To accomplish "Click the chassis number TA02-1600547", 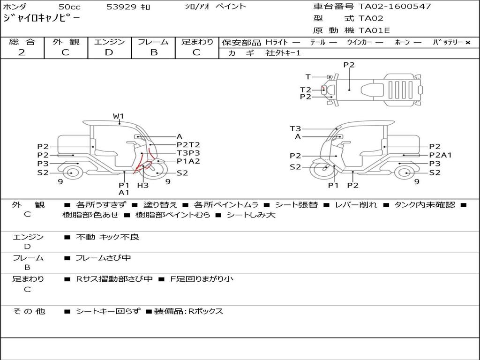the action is [395, 7].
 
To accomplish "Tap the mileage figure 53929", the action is [121, 7].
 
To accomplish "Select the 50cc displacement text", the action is [69, 7].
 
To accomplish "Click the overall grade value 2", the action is [22, 52].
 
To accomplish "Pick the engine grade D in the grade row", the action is [109, 52].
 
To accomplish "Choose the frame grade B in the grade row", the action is [154, 52].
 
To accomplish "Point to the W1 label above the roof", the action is [118, 116].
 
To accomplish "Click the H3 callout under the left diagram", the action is [142, 185].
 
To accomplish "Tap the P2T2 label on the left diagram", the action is [188, 144].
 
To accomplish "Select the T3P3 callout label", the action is [188, 153].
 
